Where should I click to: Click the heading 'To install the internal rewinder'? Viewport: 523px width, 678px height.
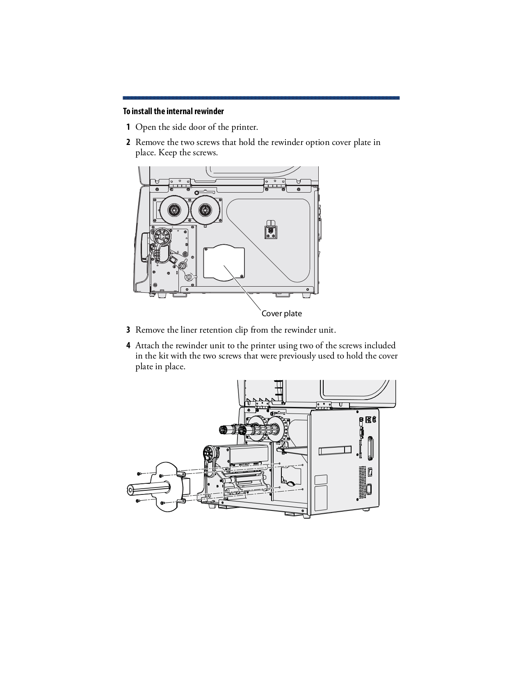(x=174, y=111)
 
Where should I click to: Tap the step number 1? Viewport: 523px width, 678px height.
(x=128, y=127)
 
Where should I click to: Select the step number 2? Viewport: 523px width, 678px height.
(x=128, y=142)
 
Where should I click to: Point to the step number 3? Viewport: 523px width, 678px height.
(x=128, y=330)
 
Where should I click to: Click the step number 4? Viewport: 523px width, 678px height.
(x=128, y=345)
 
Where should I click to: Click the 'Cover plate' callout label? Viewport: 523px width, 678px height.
(x=281, y=314)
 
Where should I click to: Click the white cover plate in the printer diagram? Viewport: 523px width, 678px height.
(x=224, y=263)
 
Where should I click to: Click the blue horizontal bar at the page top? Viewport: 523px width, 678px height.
(x=261, y=98)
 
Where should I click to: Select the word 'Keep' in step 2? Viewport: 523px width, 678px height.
(x=168, y=153)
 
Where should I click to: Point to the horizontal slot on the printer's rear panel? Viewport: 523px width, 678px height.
(x=335, y=450)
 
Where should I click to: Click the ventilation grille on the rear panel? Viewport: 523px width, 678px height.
(x=362, y=482)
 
